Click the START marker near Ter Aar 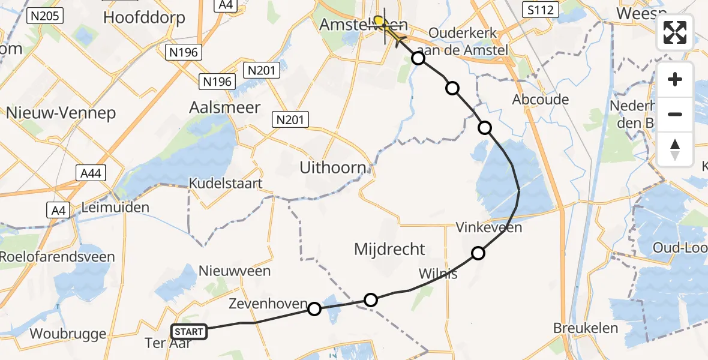click(x=189, y=331)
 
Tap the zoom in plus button click(x=675, y=80)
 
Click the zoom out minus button click(x=675, y=114)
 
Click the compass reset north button click(x=675, y=149)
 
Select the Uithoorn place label click(x=332, y=168)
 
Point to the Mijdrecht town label click(x=389, y=249)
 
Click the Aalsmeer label click(x=225, y=108)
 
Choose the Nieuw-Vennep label click(x=61, y=113)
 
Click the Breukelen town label click(x=586, y=328)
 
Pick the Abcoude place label click(x=540, y=100)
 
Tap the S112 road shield click(x=540, y=10)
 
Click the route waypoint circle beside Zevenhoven click(x=314, y=309)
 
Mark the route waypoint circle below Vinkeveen click(x=478, y=253)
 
